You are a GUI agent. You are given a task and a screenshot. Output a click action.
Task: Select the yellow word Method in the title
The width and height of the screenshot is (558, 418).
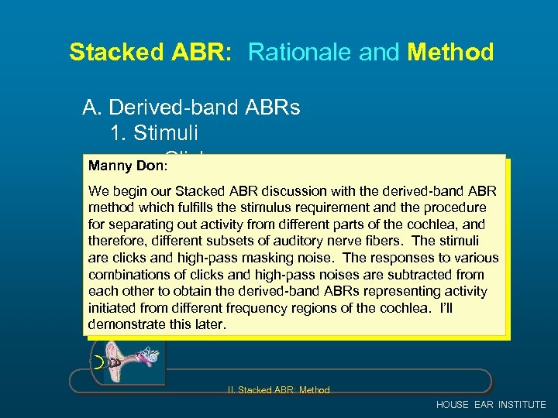tap(450, 52)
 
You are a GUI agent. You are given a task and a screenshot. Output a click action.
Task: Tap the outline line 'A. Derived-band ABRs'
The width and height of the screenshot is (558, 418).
tap(191, 108)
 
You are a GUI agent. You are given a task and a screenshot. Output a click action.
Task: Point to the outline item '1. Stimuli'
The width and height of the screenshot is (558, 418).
tap(153, 132)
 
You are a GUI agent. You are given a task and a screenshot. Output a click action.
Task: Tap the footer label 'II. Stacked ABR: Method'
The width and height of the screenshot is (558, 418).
tap(279, 390)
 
